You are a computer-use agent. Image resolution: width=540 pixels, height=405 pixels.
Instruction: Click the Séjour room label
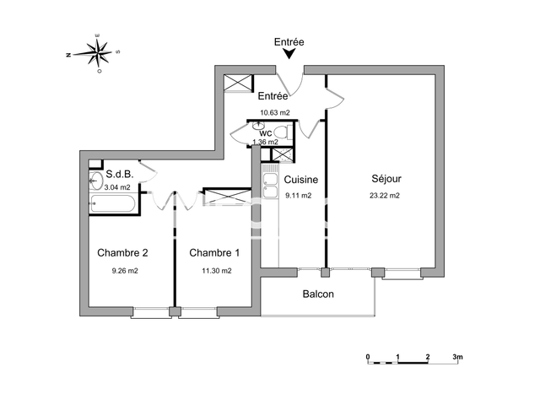(386, 179)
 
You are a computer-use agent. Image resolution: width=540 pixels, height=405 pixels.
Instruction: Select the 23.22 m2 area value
(386, 196)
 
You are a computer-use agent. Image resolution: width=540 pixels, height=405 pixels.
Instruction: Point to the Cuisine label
(300, 180)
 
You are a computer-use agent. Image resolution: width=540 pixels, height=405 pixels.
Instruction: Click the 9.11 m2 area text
(299, 196)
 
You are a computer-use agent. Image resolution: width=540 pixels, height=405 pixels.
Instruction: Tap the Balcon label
(318, 294)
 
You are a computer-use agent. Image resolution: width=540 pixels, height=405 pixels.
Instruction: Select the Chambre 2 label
(122, 253)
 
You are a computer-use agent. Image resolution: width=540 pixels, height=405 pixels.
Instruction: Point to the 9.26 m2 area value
(124, 271)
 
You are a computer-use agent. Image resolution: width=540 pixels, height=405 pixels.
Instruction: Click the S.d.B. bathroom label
(118, 175)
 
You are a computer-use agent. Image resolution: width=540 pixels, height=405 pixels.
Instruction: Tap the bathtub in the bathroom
(113, 204)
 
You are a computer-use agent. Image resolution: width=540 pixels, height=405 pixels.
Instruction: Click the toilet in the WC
(282, 132)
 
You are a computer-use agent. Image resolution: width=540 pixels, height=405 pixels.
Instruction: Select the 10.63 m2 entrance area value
(275, 112)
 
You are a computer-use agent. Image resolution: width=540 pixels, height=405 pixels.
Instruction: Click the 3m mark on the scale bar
(457, 357)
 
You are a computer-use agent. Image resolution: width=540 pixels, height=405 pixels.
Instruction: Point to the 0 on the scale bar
(368, 357)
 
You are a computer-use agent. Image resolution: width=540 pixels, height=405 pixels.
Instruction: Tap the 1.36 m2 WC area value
(265, 143)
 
